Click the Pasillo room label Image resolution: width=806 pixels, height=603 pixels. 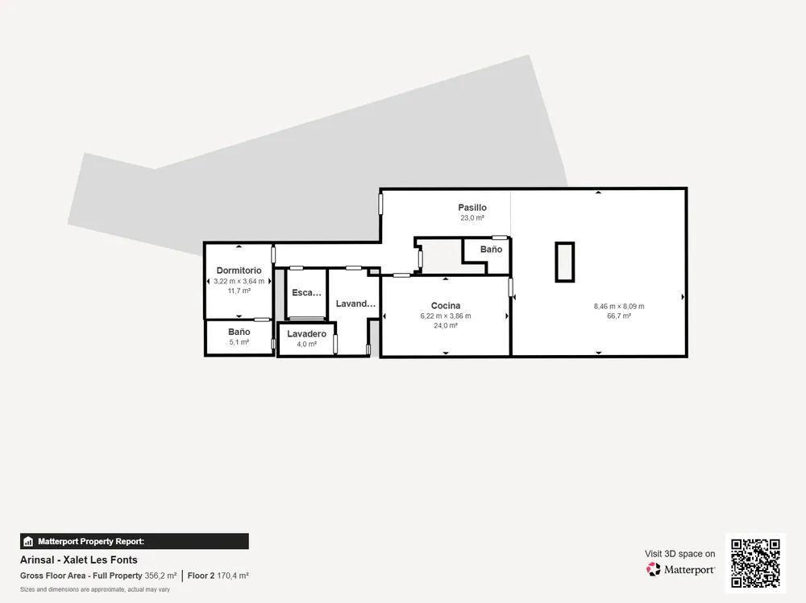click(472, 208)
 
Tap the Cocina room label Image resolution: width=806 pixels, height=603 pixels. click(446, 306)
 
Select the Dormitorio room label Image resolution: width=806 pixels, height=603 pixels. click(239, 271)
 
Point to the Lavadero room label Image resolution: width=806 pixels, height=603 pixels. click(306, 334)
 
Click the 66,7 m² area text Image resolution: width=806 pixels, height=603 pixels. click(619, 316)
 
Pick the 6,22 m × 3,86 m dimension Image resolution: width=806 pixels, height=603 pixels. click(446, 316)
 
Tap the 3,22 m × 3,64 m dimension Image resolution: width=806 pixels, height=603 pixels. click(239, 281)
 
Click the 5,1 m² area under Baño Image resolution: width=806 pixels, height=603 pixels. click(239, 342)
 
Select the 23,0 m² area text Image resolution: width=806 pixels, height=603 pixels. click(472, 218)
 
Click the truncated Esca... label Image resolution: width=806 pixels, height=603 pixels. click(306, 293)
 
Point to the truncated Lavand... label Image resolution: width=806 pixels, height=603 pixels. click(355, 304)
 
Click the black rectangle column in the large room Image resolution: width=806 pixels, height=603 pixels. click(564, 262)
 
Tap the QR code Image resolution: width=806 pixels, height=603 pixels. click(756, 563)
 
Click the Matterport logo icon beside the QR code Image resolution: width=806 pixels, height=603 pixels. click(654, 569)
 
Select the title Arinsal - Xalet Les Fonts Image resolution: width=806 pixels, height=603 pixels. click(79, 560)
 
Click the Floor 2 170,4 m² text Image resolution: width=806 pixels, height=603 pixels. click(218, 576)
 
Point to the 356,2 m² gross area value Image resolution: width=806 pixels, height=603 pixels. click(160, 576)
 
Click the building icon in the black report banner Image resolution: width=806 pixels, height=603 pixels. click(28, 541)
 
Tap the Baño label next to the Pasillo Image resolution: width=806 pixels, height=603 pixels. click(491, 249)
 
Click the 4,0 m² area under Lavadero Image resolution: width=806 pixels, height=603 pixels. click(306, 344)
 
